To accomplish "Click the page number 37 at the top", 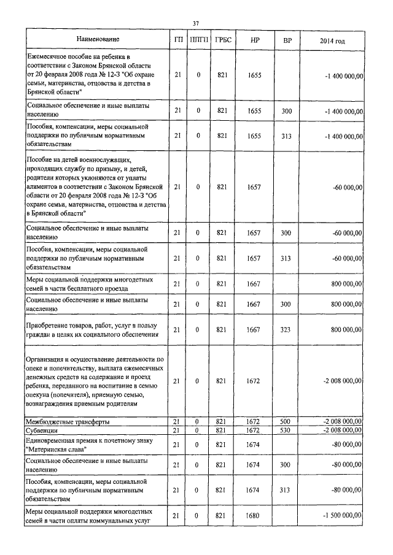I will [196, 23].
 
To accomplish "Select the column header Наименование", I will [98, 40].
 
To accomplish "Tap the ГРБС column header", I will [223, 40].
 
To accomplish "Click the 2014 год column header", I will [332, 40].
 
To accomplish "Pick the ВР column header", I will [287, 40].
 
